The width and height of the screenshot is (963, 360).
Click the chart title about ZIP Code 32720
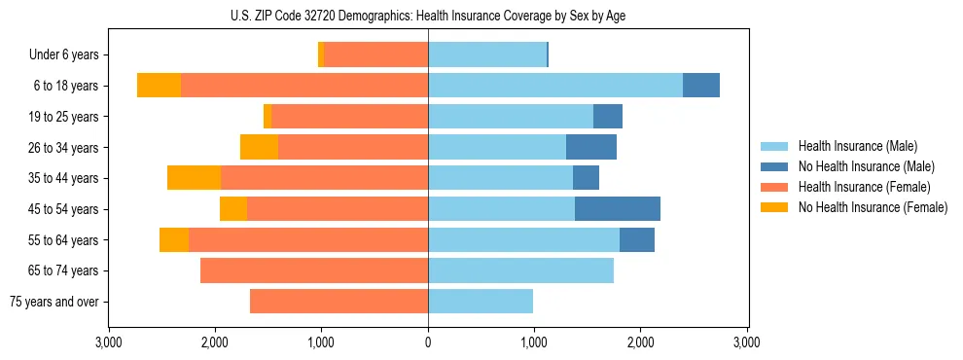pyautogui.click(x=428, y=16)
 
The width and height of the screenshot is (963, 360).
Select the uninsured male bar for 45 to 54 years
pyautogui.click(x=618, y=208)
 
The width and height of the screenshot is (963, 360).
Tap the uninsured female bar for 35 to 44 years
pyautogui.click(x=194, y=177)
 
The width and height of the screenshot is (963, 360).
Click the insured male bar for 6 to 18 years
pyautogui.click(x=555, y=85)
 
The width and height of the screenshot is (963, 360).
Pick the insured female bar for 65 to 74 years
pyautogui.click(x=314, y=270)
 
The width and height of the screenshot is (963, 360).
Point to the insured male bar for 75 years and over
pyautogui.click(x=481, y=302)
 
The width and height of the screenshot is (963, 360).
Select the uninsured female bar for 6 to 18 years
pyautogui.click(x=159, y=85)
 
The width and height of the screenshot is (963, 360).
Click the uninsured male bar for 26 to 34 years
pyautogui.click(x=591, y=147)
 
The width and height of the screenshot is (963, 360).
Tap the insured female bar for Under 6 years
pyautogui.click(x=376, y=54)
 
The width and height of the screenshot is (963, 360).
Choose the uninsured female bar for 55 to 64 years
pyautogui.click(x=174, y=239)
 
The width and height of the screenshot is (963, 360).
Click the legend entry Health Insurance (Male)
pyautogui.click(x=857, y=146)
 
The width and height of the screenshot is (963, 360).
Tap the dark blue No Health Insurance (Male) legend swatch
pyautogui.click(x=774, y=166)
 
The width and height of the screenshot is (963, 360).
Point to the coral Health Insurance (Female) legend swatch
pyautogui.click(x=774, y=187)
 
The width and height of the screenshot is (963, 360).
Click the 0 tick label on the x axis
pyautogui.click(x=428, y=342)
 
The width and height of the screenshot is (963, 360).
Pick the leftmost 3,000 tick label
pyautogui.click(x=109, y=342)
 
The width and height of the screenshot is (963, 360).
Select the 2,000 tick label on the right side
pyautogui.click(x=640, y=342)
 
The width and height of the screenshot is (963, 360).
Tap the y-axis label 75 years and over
pyautogui.click(x=54, y=302)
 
